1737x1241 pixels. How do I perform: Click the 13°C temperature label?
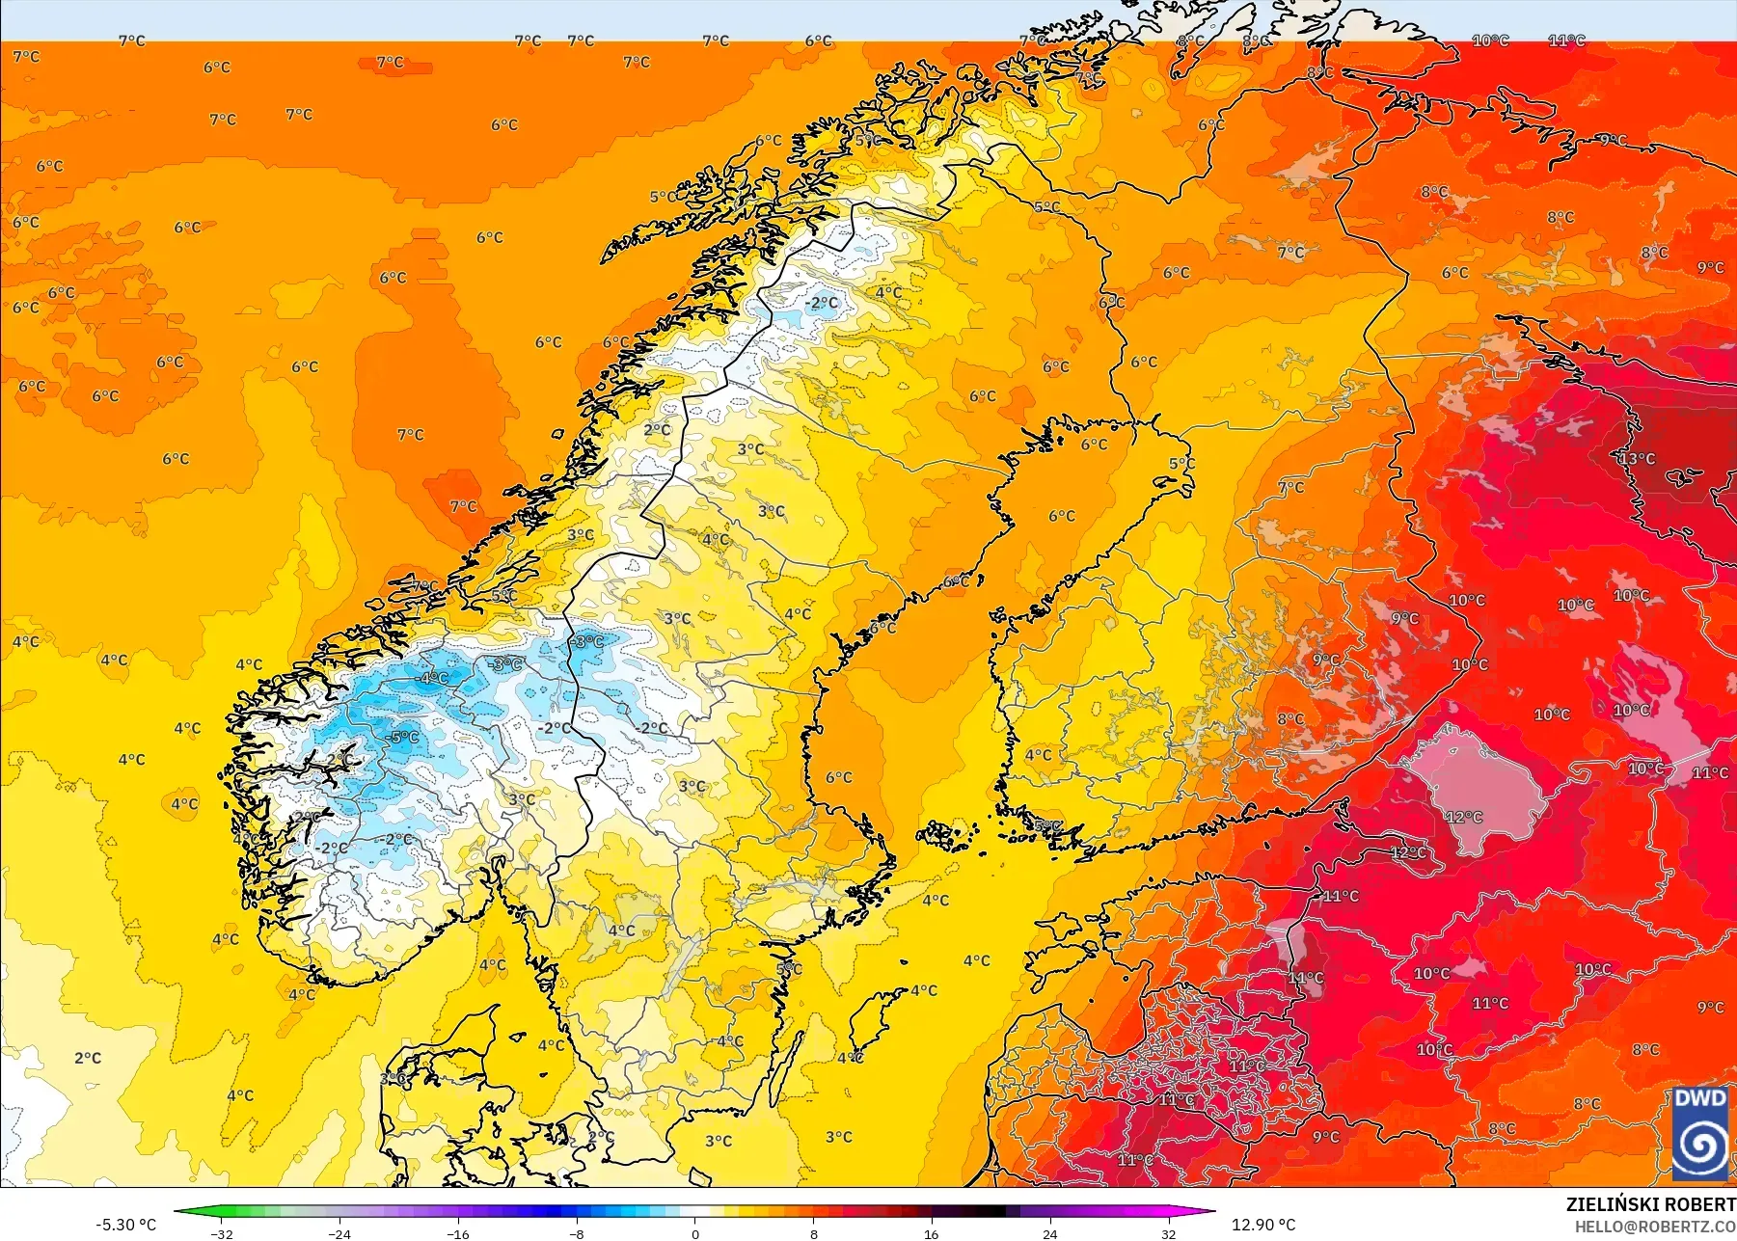(x=1637, y=459)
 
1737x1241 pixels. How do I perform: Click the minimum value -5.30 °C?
(x=125, y=1225)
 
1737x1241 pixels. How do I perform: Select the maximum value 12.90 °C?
(x=1263, y=1225)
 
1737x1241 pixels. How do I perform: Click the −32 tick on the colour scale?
(x=222, y=1233)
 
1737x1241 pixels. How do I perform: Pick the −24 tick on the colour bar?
(x=339, y=1233)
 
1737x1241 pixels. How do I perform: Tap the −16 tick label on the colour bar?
(x=458, y=1233)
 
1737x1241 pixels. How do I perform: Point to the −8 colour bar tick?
(x=576, y=1233)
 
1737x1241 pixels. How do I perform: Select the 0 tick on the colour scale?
(x=694, y=1233)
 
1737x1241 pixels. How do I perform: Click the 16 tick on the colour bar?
(x=931, y=1233)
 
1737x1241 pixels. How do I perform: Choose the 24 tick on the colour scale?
(x=1049, y=1233)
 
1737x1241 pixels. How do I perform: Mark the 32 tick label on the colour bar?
(x=1168, y=1233)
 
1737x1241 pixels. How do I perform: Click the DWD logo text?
(x=1700, y=1098)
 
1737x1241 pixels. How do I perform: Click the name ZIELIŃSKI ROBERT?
(x=1650, y=1204)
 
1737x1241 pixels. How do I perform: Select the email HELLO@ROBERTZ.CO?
(x=1655, y=1227)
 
